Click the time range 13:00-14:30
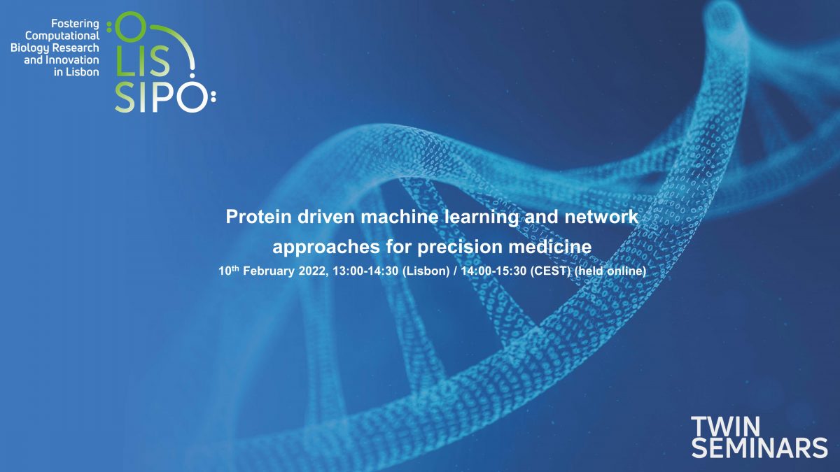coord(365,271)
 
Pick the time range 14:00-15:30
coord(493,271)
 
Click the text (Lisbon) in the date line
coord(426,271)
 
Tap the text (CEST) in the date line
coord(550,271)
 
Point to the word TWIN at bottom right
coord(726,427)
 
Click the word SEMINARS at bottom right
coord(759,448)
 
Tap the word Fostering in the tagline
coord(75,24)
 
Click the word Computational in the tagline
coord(62,36)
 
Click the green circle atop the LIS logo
coord(129,27)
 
